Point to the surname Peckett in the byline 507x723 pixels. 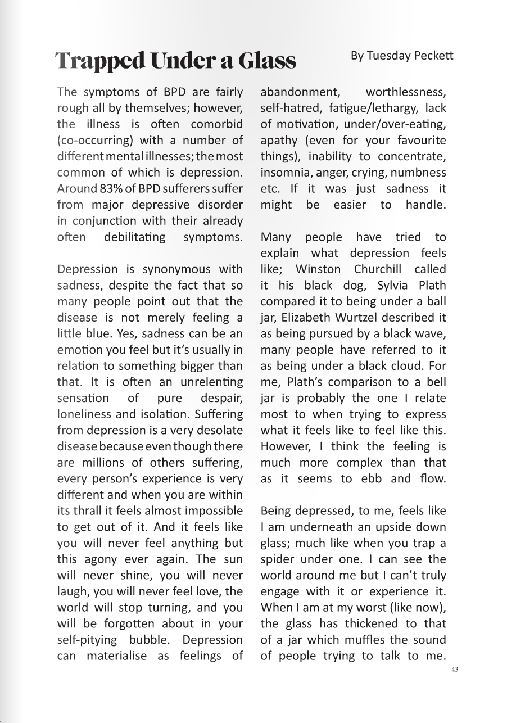click(x=435, y=55)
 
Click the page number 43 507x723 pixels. click(x=455, y=670)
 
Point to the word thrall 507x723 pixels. click(x=88, y=511)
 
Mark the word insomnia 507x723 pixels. click(x=283, y=172)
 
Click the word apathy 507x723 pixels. click(x=278, y=140)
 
